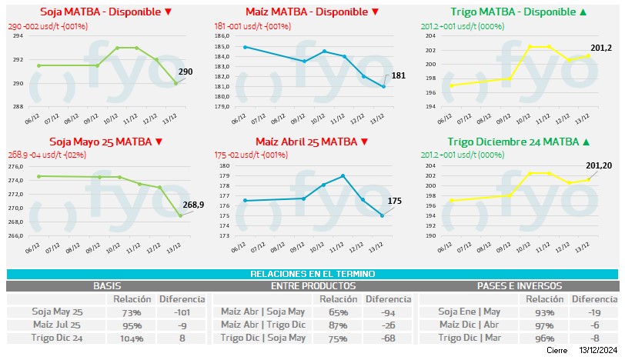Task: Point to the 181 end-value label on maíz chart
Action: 398,75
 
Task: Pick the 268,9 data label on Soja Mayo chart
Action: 192,205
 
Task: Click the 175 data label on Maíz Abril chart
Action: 395,201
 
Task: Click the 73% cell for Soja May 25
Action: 131,312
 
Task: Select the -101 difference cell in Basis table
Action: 182,312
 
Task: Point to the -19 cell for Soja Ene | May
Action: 593,312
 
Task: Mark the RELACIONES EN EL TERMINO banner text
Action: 312,274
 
